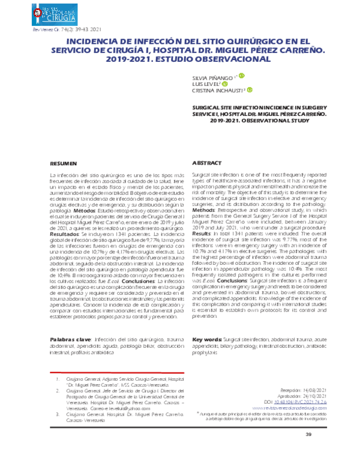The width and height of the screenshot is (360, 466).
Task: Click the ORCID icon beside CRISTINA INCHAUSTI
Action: click(x=250, y=91)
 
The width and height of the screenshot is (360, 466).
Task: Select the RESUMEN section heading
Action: click(x=63, y=163)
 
